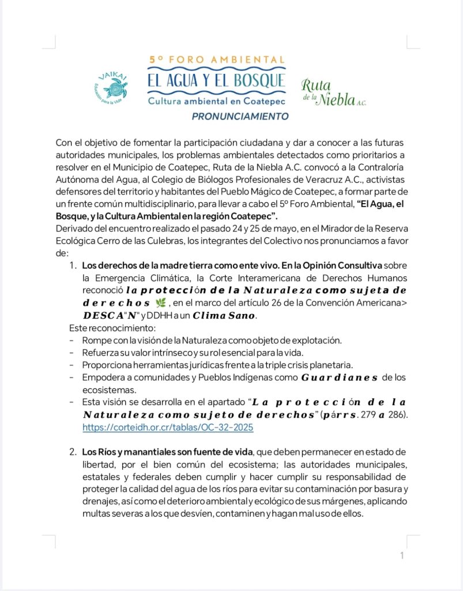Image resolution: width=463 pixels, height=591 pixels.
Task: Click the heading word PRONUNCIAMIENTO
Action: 240,116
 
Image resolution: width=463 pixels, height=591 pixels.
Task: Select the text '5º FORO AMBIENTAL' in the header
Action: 217,59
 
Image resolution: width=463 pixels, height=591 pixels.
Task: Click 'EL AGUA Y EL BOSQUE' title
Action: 216,79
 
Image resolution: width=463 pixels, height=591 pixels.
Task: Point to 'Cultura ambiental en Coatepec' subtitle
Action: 216,101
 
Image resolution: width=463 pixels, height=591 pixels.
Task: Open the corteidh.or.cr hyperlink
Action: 168,428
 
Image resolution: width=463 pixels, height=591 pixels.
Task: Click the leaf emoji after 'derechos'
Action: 161,304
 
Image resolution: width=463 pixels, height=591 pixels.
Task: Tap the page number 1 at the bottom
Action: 402,556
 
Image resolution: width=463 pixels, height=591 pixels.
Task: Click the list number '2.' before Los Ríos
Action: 73,450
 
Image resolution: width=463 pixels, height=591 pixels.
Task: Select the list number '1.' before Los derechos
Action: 73,265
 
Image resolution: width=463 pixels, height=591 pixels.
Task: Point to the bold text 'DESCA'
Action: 100,316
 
